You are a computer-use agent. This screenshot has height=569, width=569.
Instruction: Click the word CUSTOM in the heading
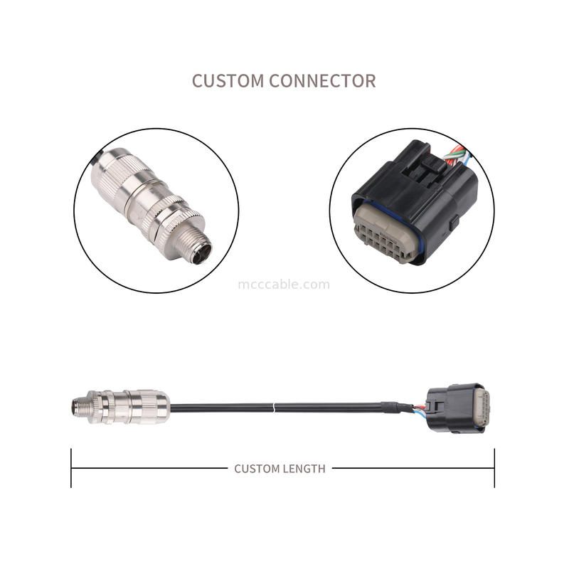228,80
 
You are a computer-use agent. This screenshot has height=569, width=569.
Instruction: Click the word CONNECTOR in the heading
322,80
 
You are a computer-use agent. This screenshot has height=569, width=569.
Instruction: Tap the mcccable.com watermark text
284,284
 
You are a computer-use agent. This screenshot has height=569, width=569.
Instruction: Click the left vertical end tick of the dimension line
71,468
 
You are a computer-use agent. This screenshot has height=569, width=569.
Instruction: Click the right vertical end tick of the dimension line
494,468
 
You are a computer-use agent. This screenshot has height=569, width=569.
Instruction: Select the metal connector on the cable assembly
120,407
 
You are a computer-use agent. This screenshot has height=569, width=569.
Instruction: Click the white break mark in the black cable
274,408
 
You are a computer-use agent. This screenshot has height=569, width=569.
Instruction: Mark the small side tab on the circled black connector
453,223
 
